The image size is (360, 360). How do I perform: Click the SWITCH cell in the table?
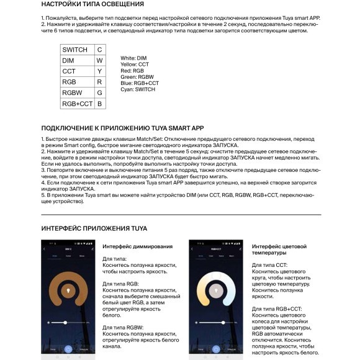click(74, 50)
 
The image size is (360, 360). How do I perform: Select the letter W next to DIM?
click(99, 61)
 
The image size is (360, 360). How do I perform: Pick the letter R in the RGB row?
click(99, 82)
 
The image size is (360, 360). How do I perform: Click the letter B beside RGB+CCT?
click(99, 104)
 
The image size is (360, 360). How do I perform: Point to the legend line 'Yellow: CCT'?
click(135, 64)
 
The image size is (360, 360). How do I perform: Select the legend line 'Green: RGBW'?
click(137, 77)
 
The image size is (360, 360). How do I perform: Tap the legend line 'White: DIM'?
click(133, 58)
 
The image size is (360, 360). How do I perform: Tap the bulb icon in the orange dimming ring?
click(68, 292)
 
